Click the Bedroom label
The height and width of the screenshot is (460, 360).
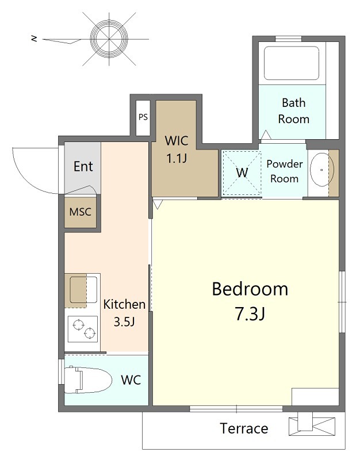[x=250, y=289]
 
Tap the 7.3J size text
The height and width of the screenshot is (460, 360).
[x=250, y=313]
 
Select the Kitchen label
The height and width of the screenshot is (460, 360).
[x=124, y=304]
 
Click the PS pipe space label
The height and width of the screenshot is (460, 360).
[x=143, y=117]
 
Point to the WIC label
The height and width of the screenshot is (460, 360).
[x=177, y=141]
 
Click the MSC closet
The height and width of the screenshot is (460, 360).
[x=81, y=212]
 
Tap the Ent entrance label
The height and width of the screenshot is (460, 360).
[x=83, y=166]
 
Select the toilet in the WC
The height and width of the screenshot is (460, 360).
[x=88, y=380]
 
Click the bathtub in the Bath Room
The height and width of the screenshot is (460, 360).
[x=292, y=63]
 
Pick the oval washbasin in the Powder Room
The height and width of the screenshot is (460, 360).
[x=322, y=170]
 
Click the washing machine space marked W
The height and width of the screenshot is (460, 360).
[x=242, y=173]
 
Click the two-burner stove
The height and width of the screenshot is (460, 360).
[x=83, y=329]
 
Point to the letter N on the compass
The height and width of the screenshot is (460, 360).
[x=35, y=39]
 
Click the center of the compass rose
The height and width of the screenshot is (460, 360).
[x=109, y=39]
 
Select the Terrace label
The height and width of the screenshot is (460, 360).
[x=244, y=428]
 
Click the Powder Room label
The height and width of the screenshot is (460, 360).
[x=284, y=171]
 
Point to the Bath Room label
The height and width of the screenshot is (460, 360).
[x=294, y=111]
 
